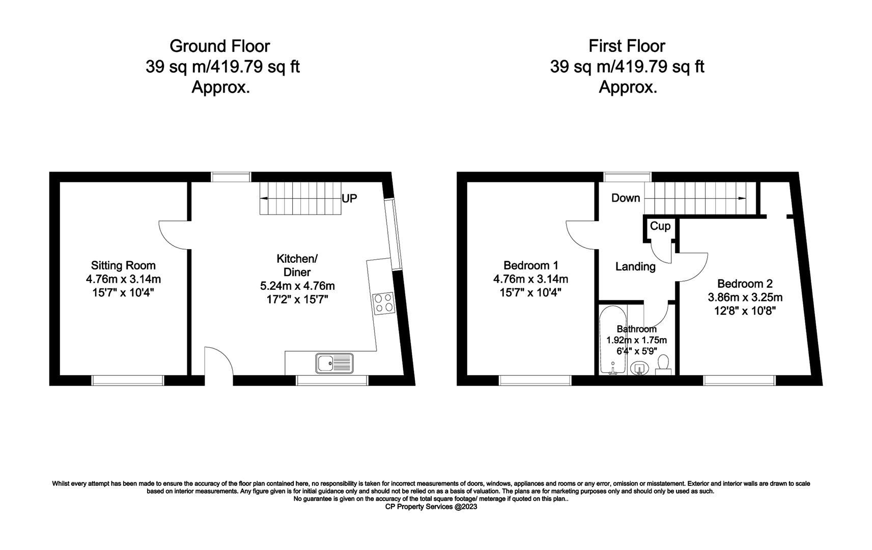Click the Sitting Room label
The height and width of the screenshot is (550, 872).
(x=123, y=265)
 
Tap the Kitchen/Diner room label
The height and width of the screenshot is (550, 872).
(x=297, y=265)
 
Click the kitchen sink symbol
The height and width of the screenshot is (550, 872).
(x=334, y=363)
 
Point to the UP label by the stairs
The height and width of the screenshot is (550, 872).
(x=349, y=199)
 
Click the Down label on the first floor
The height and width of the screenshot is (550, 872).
(x=625, y=198)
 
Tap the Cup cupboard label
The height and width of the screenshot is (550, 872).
(x=660, y=226)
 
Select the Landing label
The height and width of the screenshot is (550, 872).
(x=635, y=266)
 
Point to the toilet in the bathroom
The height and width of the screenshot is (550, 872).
(x=663, y=364)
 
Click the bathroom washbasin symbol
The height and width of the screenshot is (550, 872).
(x=639, y=368)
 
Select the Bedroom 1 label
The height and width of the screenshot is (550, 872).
(x=530, y=265)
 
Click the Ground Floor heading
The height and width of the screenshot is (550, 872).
(x=219, y=46)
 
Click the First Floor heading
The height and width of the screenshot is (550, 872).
(x=627, y=46)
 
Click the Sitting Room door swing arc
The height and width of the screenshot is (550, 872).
(x=175, y=235)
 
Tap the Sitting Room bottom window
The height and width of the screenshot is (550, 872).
(x=128, y=380)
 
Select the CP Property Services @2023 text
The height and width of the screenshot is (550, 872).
(x=431, y=507)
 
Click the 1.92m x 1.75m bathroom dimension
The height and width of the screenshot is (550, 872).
(x=636, y=340)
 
